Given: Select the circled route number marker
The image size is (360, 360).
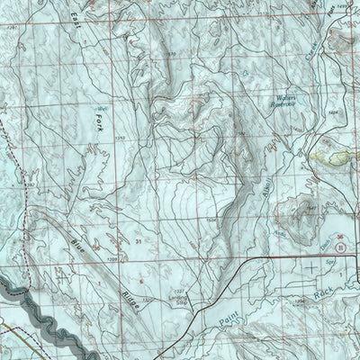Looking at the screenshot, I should [340, 245].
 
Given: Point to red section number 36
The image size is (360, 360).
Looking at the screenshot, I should [339, 232].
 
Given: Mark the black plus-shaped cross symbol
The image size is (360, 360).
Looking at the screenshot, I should [310, 267].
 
